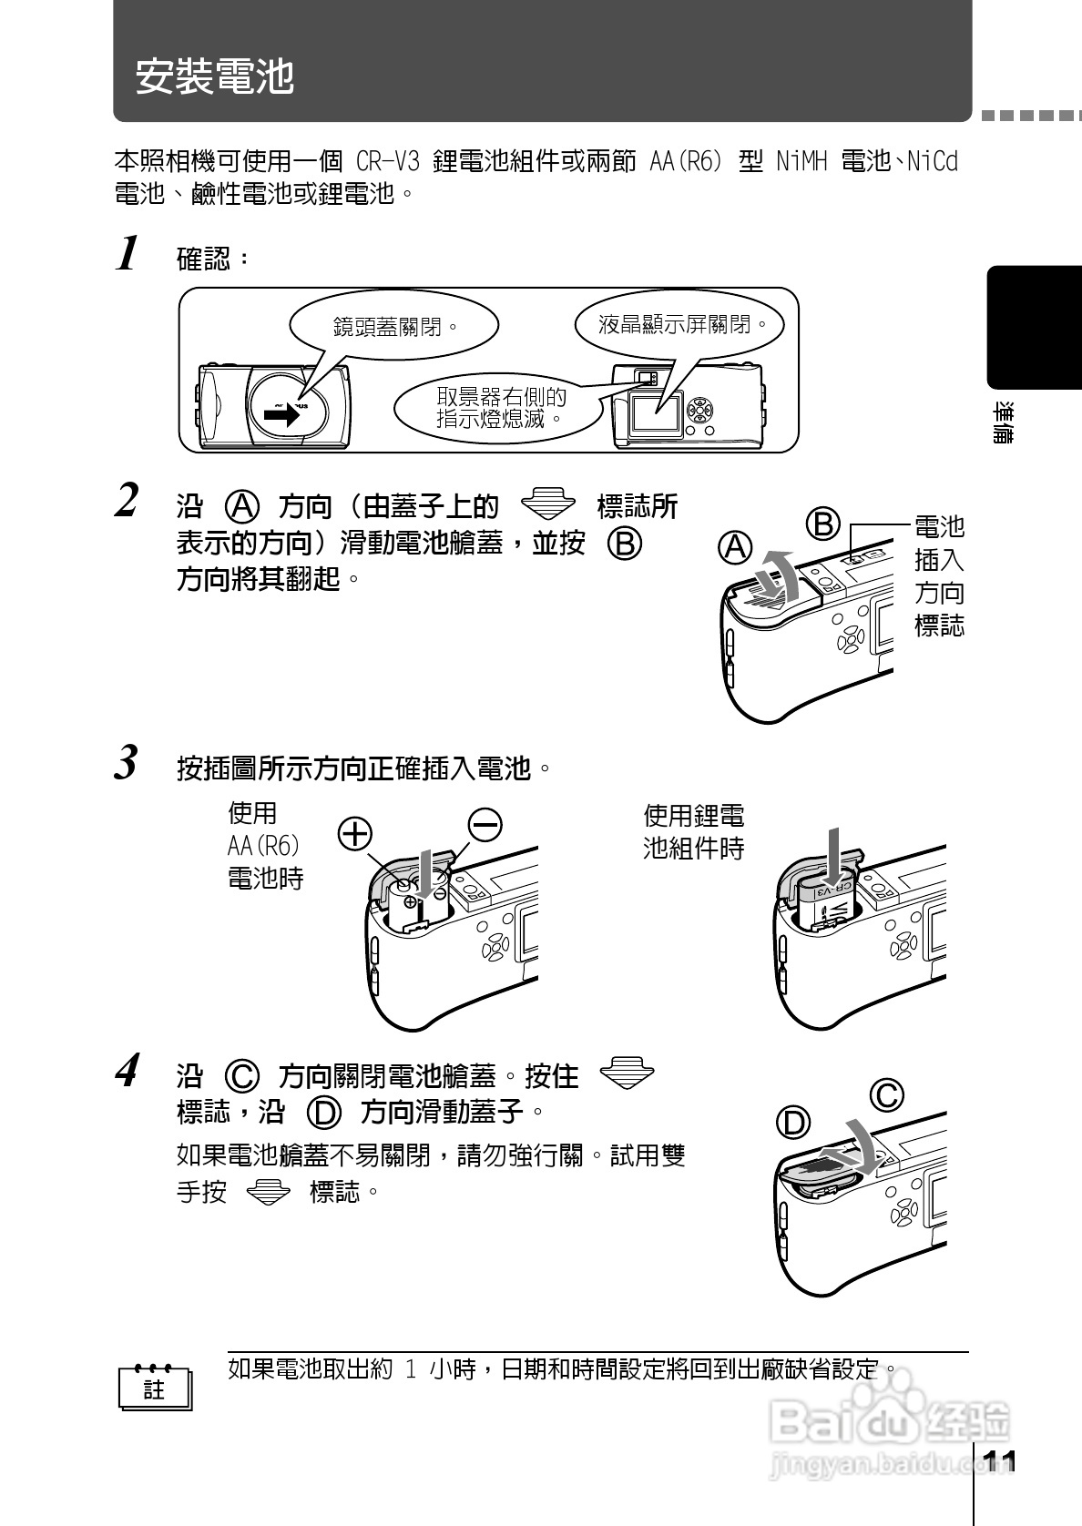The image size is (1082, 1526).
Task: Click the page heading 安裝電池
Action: click(215, 76)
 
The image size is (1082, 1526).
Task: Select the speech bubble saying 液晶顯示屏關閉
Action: click(679, 324)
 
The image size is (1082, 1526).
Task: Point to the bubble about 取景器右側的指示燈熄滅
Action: click(500, 408)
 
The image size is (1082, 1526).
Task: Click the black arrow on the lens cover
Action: click(281, 415)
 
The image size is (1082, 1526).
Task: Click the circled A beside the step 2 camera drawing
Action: click(735, 547)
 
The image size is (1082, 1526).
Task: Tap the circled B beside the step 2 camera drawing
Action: click(822, 524)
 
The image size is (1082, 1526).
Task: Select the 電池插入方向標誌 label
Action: click(938, 575)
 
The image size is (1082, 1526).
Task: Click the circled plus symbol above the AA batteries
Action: click(355, 831)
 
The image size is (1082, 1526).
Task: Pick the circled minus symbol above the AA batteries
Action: click(485, 824)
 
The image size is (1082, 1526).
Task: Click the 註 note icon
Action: click(155, 1389)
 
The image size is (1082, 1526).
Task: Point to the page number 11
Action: click(1000, 1461)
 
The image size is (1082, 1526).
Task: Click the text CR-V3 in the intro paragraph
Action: click(387, 162)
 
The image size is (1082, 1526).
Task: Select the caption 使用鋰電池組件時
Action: click(693, 831)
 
